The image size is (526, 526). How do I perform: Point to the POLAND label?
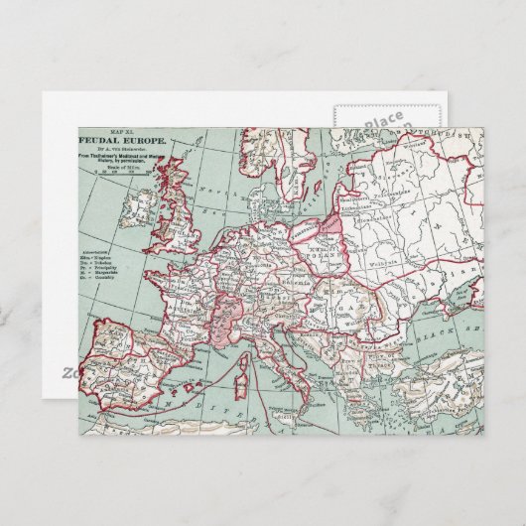[x=329, y=245]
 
